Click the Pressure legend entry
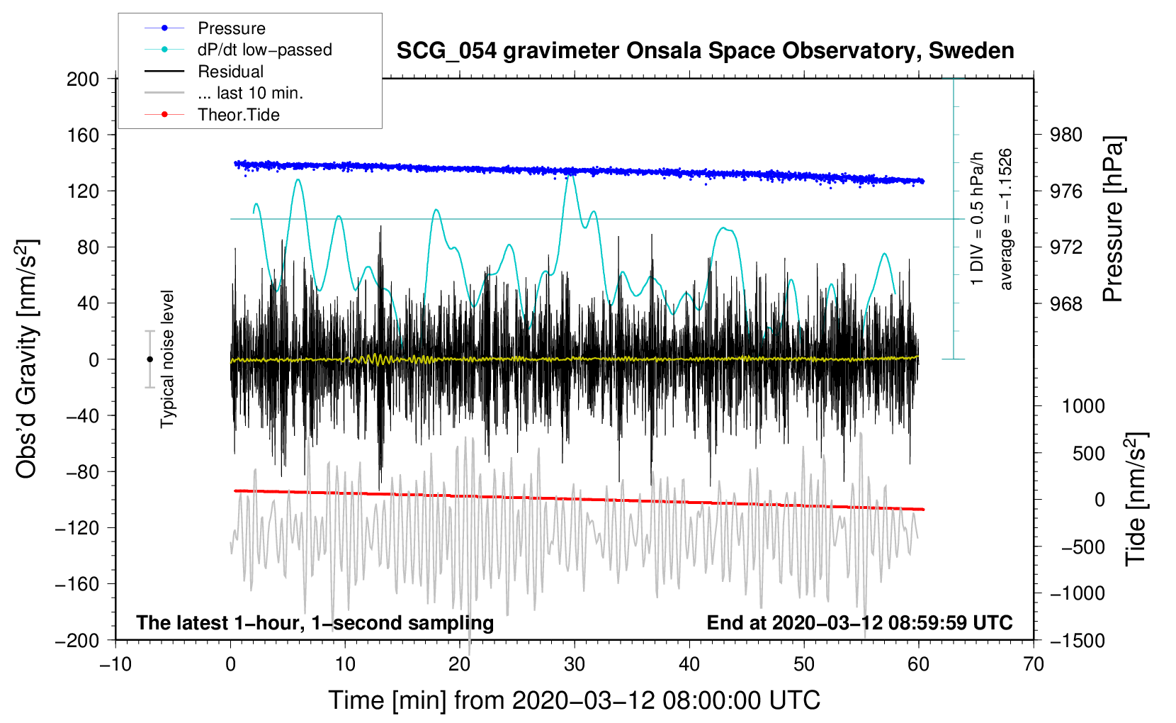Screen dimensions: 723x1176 [231, 28]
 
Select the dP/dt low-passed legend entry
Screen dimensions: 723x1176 [264, 50]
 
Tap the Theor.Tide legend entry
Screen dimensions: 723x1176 [238, 115]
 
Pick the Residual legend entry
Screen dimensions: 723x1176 [230, 72]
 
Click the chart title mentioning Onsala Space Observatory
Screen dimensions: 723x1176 [705, 51]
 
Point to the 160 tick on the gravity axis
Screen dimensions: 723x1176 [83, 135]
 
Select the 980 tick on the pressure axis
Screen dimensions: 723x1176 [1066, 135]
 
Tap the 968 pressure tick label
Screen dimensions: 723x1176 [1066, 304]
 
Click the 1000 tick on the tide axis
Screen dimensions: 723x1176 [1083, 406]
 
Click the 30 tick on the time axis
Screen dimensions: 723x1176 [575, 664]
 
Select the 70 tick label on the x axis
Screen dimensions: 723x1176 [1034, 664]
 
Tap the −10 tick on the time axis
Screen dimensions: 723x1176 [115, 664]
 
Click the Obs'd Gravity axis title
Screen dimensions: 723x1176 [27, 359]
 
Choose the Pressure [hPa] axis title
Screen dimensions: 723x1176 [1113, 220]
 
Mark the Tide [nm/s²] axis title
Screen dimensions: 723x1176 [1136, 499]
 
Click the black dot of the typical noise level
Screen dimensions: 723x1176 [149, 359]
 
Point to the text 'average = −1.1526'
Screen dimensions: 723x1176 [1006, 219]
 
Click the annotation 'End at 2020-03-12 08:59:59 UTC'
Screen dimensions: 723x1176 [859, 622]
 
